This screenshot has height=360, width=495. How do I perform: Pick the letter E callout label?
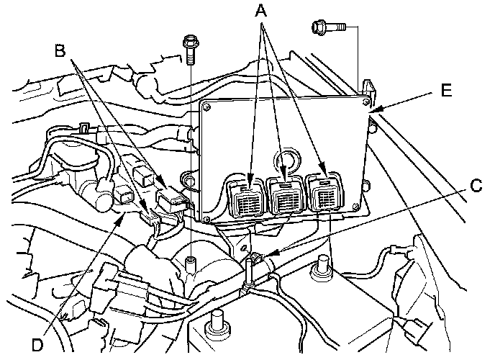(447, 91)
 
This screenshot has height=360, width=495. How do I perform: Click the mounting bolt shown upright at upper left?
(190, 48)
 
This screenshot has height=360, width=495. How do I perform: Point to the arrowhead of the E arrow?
(376, 109)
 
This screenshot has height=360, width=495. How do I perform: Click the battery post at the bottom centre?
(214, 322)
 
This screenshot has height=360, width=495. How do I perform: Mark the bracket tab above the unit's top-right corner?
(370, 87)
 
